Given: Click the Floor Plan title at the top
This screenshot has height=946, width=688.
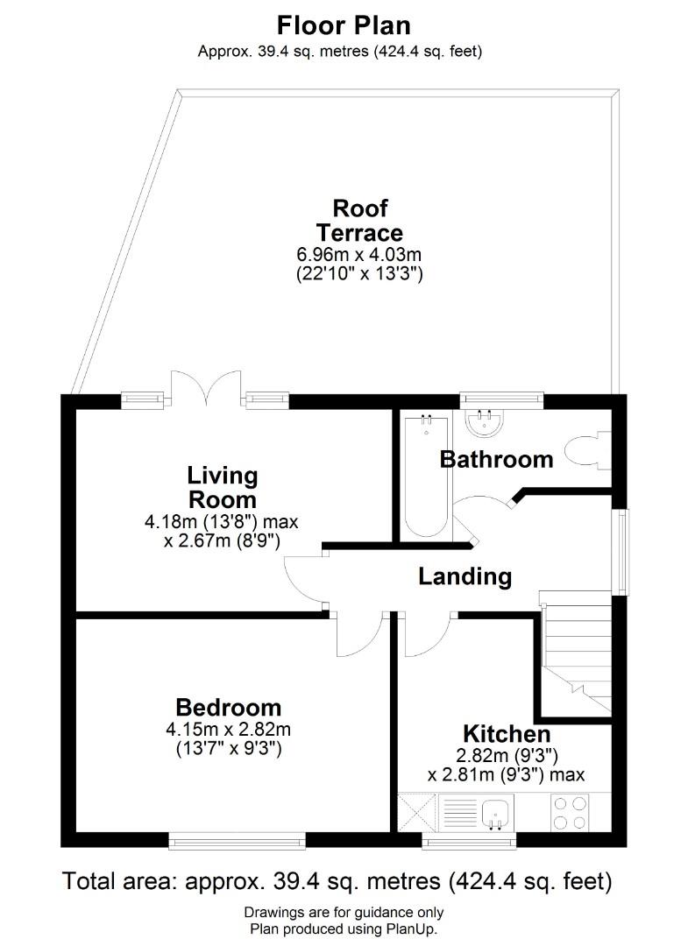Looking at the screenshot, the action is coord(344,25).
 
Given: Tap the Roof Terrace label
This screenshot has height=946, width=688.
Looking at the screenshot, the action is coord(359,220).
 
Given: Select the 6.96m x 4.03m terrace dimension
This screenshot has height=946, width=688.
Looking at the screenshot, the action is coord(358,255).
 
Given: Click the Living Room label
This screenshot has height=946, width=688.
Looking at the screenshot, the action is coord(222,488).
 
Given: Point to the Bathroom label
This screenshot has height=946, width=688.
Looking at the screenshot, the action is coord(496,460).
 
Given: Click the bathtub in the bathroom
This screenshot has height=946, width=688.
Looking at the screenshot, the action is coord(426,476).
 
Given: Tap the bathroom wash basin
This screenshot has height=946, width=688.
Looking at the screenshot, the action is coord(485,422).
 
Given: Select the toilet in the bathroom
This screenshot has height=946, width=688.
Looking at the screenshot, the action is coord(588,449).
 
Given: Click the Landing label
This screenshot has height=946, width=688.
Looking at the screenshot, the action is coord(465,576).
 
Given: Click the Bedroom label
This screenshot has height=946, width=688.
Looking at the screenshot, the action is coord(228,707).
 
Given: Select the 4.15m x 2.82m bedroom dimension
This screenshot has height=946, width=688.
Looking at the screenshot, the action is coord(228,730).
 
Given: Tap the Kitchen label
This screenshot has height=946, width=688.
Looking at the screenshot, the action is coord(507,734).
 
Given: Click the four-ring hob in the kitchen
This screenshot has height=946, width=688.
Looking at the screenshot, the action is coord(571,812).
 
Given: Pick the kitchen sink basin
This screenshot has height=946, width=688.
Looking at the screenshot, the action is coord(497,812).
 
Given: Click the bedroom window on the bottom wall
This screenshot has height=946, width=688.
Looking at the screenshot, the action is coord(237,840).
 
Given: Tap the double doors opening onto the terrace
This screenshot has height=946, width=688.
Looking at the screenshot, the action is coord(207,388).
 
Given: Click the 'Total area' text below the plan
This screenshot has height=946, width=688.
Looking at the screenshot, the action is coord(118,881).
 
